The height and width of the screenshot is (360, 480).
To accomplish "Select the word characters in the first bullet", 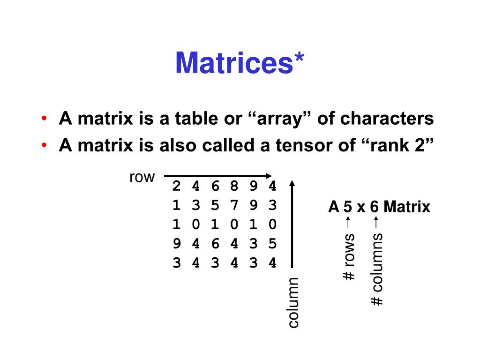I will [387, 119].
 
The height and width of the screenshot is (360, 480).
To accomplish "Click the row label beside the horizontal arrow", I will [142, 177].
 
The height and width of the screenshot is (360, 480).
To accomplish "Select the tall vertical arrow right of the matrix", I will [292, 225].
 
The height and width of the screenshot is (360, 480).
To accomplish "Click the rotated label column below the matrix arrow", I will [292, 302].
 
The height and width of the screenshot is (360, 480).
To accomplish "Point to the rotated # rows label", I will [349, 257].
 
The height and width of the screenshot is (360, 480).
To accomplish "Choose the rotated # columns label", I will [377, 269].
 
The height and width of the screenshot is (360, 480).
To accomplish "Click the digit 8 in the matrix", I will [234, 186].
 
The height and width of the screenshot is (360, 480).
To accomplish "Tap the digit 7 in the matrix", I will [234, 205].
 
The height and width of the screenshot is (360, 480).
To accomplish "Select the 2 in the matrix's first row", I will [176, 186].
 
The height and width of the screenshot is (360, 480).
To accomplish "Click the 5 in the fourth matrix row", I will [272, 244].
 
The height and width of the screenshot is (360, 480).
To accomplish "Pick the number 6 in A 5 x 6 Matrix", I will [374, 207].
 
